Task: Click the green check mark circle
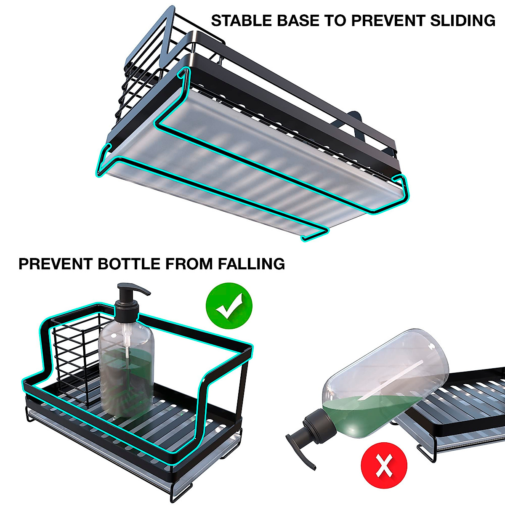pos(229,306)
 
